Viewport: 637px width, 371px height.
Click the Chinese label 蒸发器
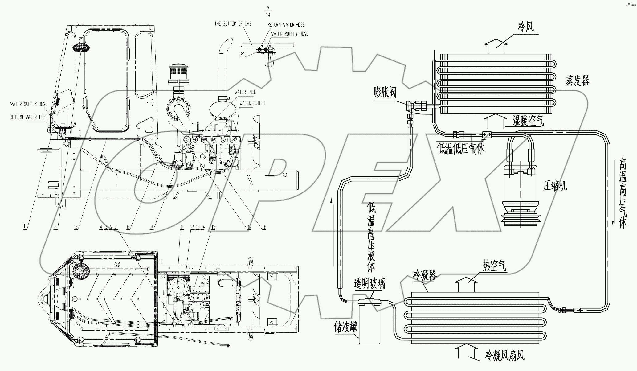point(578,81)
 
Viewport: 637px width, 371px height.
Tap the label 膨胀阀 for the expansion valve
point(385,92)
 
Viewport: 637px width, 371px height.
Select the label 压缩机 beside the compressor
point(555,186)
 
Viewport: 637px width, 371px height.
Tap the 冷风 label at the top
point(525,28)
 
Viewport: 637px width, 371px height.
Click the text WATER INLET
point(246,92)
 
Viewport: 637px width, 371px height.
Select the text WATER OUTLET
point(252,103)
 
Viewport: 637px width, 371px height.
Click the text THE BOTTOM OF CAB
point(233,24)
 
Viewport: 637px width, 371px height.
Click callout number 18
point(264,227)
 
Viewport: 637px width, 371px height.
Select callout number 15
point(213,227)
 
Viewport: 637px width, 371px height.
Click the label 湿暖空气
point(528,121)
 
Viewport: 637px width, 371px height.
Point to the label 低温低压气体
point(461,149)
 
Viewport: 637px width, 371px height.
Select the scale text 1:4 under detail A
point(268,15)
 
